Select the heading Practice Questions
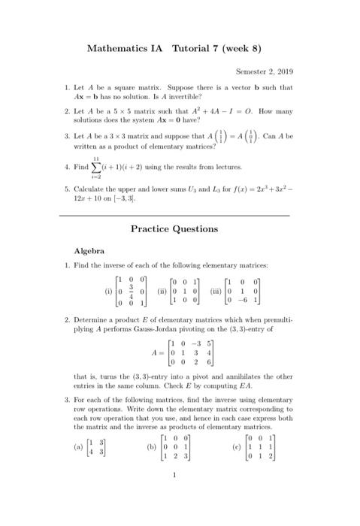(x=180, y=228)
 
